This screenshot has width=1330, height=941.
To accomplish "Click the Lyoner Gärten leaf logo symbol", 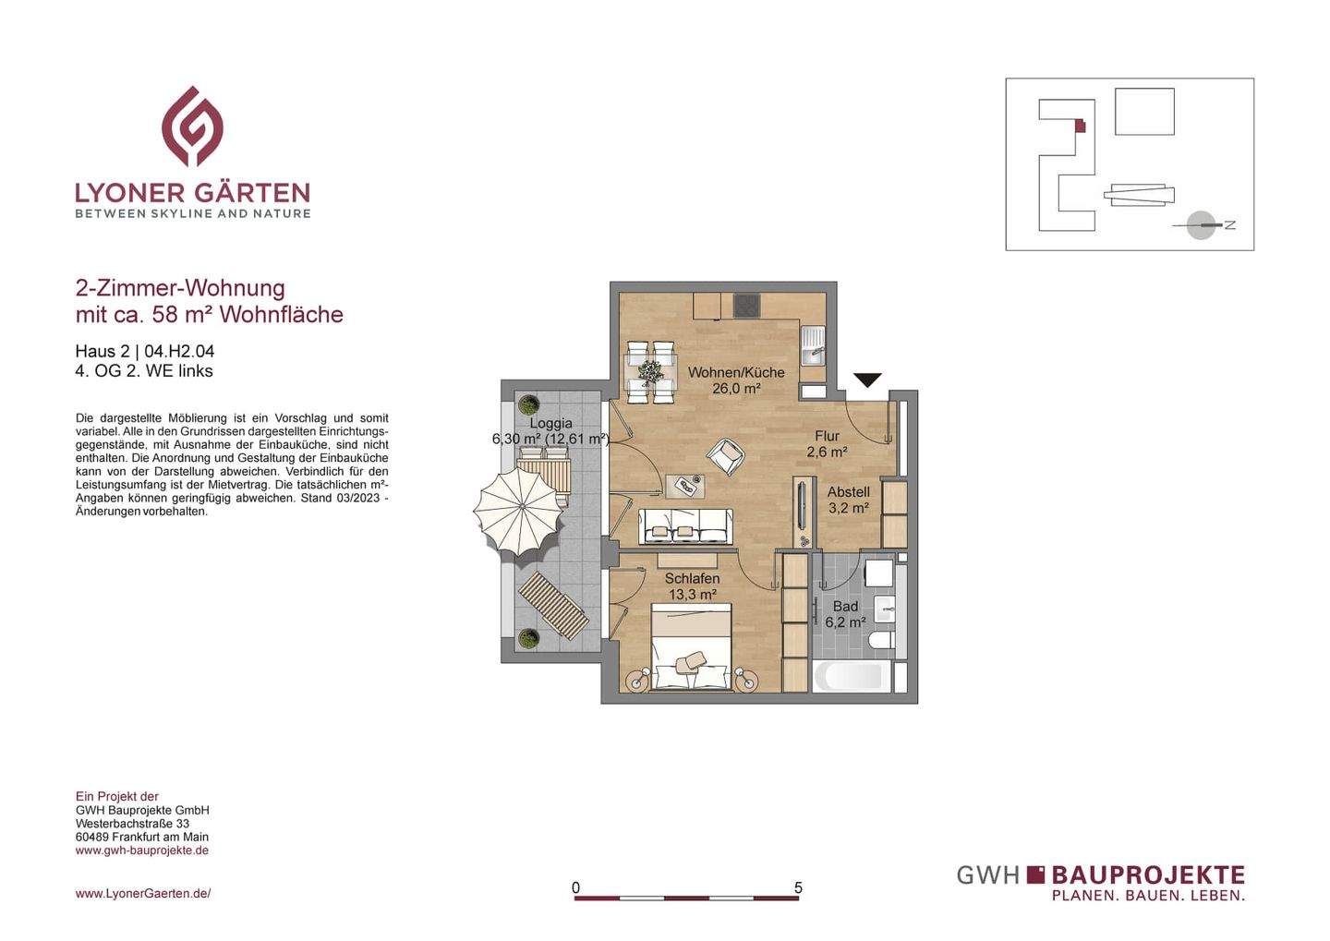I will pos(192,127).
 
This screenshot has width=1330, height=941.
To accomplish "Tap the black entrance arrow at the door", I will pos(867,380).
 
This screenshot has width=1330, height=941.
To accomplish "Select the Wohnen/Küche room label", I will pos(736,372).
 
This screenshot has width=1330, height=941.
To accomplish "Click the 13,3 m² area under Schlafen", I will pos(692,595).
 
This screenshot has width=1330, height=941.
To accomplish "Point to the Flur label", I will pos(827,436).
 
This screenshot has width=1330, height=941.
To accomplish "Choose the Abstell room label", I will pos(848,492).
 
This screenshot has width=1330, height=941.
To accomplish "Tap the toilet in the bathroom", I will pos(882,639).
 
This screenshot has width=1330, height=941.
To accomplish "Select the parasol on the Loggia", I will pos(519,512).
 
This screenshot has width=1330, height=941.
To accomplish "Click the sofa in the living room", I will pos(685,526).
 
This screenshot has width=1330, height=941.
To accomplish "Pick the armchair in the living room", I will pos(726,455).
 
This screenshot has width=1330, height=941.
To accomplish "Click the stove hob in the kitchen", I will pos(746,306).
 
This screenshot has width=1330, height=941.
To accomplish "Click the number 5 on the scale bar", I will pos(798,887).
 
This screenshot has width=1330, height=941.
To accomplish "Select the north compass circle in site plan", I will pos(1201,225).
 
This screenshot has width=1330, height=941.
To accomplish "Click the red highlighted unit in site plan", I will pos(1080,126).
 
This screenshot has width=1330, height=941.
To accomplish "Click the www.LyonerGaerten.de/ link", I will pos(143,893).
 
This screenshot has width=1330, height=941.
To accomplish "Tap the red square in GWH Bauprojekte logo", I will pos(1035,874).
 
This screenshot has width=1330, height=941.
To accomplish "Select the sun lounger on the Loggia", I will pos(553,605).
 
